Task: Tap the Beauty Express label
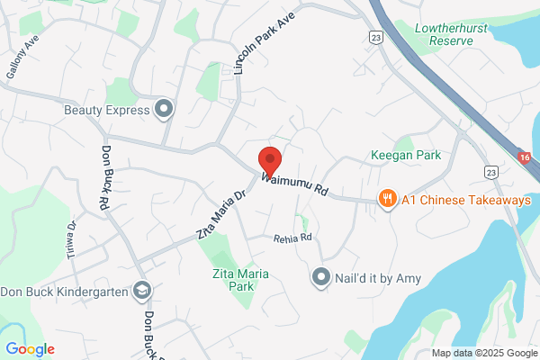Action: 105,110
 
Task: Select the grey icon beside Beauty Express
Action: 164,110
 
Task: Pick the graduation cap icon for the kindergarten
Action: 141,290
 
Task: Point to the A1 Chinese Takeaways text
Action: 466,199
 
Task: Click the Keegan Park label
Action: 406,155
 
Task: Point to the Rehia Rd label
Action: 293,238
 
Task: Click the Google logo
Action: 31,348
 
